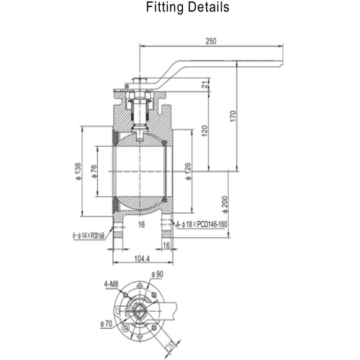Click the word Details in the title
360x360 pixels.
click(x=210, y=9)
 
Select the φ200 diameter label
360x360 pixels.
click(x=225, y=203)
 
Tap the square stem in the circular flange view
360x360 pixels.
click(x=141, y=312)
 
